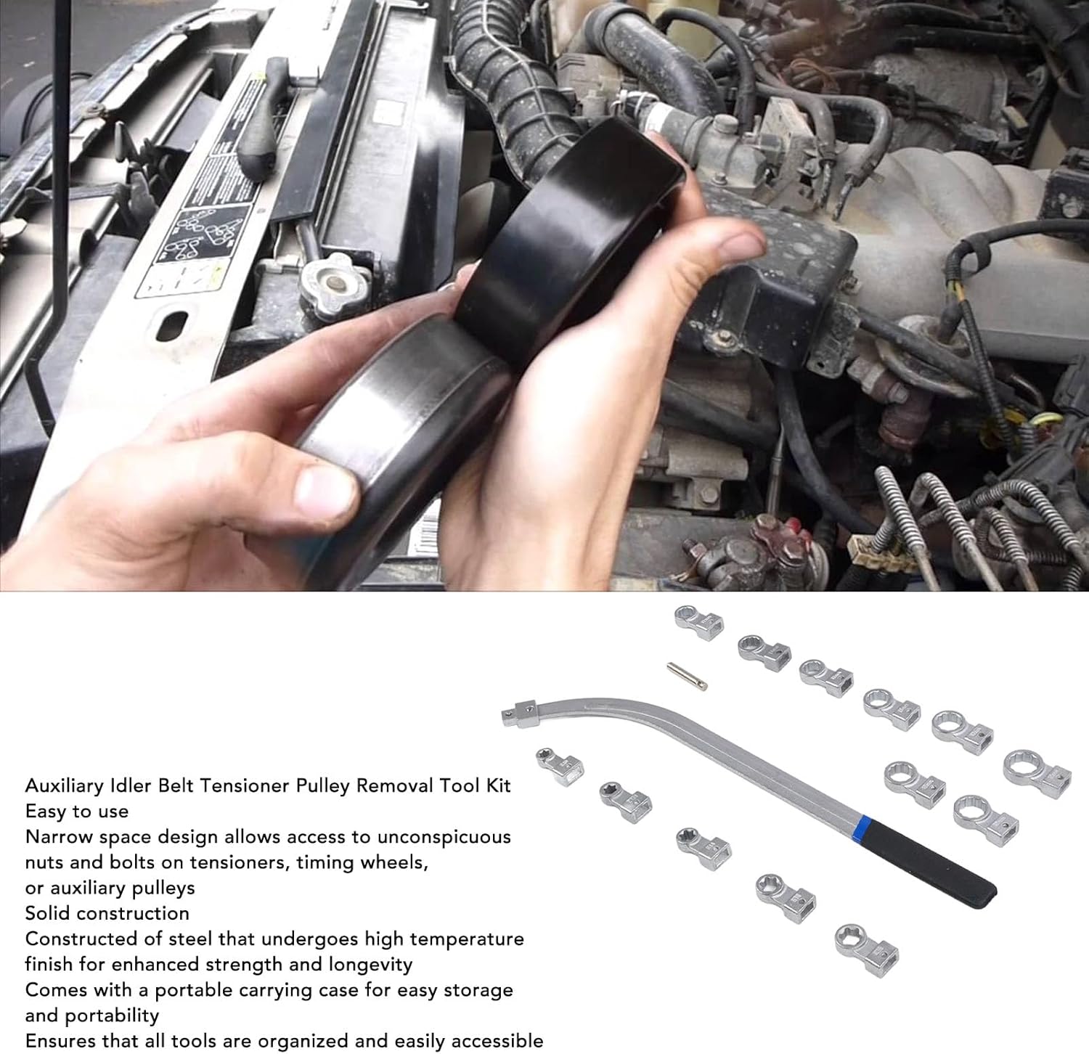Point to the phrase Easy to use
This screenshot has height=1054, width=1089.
pyautogui.click(x=77, y=811)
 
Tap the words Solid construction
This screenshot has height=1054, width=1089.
pyautogui.click(x=107, y=912)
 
